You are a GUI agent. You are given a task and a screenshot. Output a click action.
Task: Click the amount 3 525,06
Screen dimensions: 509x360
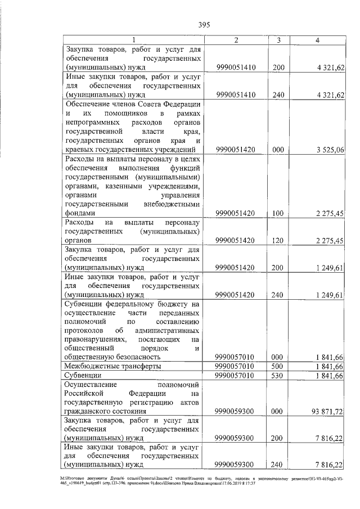point(329,149)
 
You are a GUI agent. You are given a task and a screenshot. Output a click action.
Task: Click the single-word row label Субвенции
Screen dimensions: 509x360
point(83,375)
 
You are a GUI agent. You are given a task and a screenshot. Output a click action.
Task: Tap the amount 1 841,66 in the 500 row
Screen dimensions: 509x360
point(329,366)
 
